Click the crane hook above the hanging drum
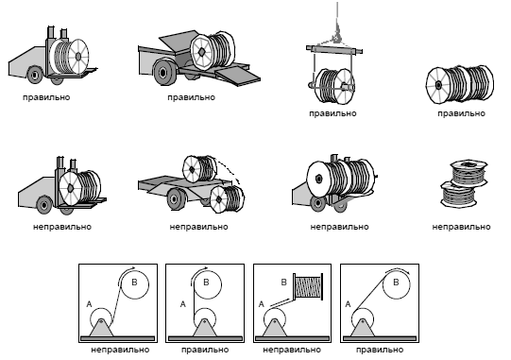336,35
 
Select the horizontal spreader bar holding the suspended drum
334,49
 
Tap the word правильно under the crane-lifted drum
332,113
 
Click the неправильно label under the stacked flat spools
461,227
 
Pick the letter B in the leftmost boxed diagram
134,283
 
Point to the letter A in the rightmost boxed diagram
348,304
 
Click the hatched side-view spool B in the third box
308,286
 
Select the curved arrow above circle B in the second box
198,273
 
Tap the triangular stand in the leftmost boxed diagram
101,327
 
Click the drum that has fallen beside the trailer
227,199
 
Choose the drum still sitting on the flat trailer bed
200,168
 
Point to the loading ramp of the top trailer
237,76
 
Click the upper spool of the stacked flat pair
468,174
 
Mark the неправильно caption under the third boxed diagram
292,350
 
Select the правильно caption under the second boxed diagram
205,350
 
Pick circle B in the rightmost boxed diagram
397,284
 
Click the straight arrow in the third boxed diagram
280,302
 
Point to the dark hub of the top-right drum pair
438,85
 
